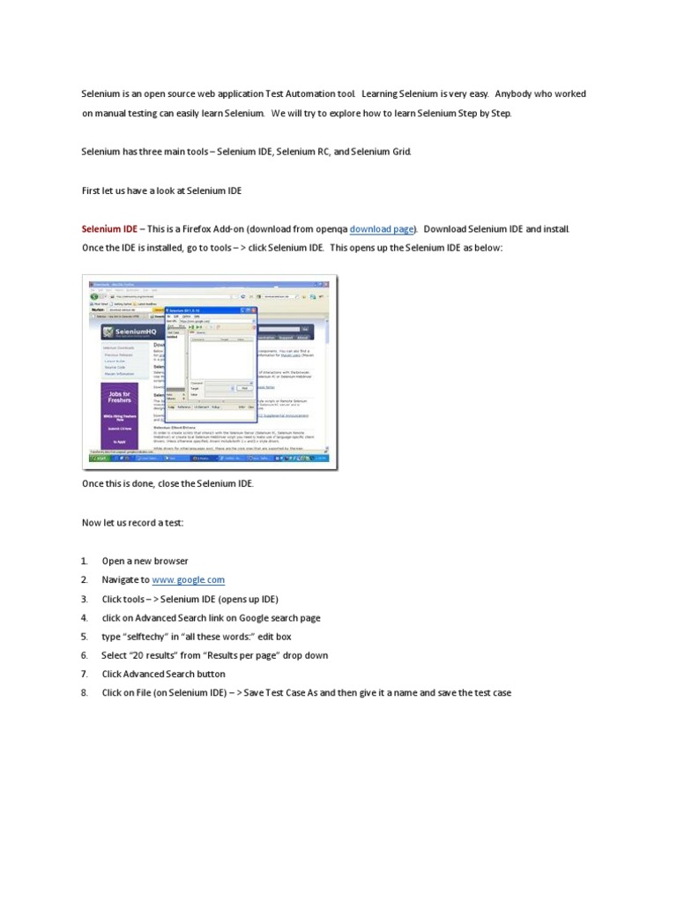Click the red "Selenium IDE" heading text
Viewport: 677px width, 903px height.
coord(109,229)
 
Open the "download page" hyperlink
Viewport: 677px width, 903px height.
coord(382,229)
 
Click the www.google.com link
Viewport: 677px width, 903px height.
coord(188,579)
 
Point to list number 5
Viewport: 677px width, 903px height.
coord(85,637)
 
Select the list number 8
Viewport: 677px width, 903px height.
coord(85,693)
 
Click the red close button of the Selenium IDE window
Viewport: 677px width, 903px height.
coord(252,311)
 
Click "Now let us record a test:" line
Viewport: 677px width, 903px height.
coord(133,523)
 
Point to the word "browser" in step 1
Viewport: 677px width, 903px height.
coord(171,561)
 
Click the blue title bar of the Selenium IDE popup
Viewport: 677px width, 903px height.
coord(212,311)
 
